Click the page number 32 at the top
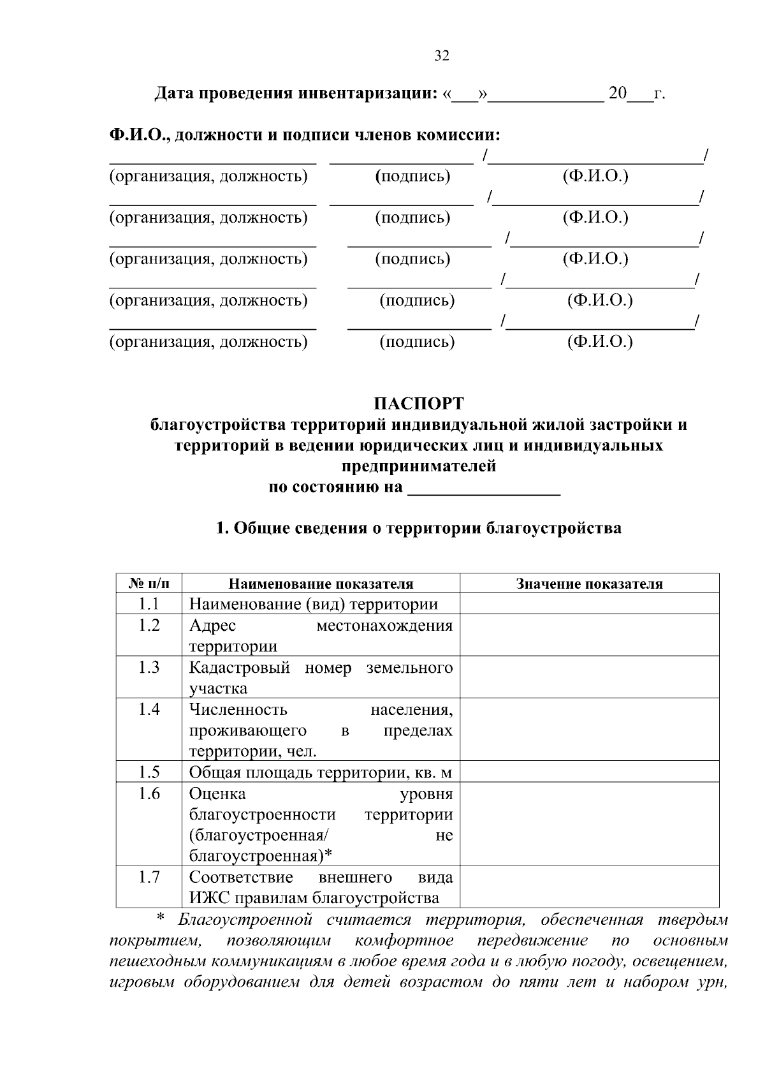point(442,56)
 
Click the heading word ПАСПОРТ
point(419,404)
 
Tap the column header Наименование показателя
point(321,584)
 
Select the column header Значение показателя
point(589,584)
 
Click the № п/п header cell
point(149,584)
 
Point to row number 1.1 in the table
point(149,604)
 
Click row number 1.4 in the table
point(149,709)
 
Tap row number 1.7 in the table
point(149,877)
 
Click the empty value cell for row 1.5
point(589,772)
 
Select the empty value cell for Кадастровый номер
point(589,677)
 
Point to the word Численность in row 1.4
point(238,709)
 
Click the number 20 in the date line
point(617,94)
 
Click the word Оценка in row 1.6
point(217,794)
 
